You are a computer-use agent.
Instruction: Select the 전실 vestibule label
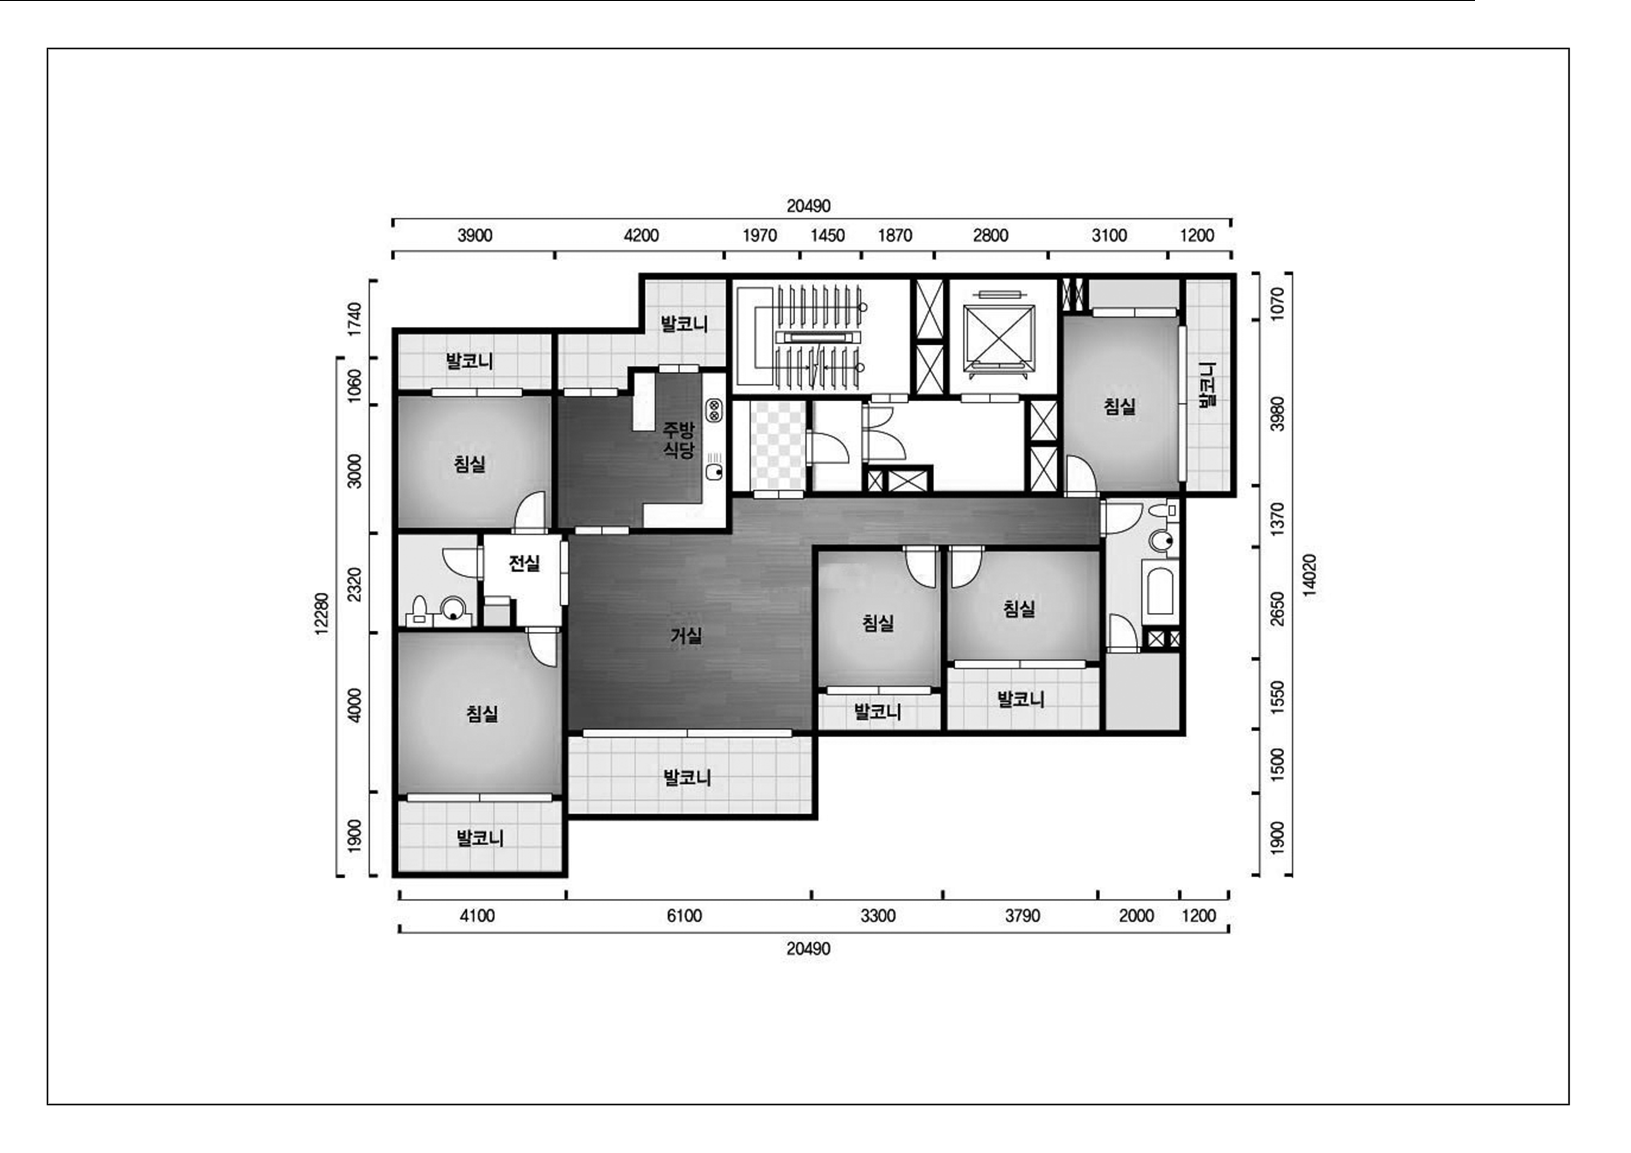tap(524, 563)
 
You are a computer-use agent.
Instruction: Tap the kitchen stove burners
tap(713, 410)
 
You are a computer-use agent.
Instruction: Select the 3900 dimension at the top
tap(475, 235)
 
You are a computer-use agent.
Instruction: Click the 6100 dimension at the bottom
tap(684, 916)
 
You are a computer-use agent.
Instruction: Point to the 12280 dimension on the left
tap(322, 614)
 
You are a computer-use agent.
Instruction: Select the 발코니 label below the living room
tap(687, 777)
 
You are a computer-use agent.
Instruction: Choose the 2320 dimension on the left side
tap(355, 584)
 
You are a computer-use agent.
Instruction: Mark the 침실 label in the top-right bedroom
tap(1120, 406)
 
